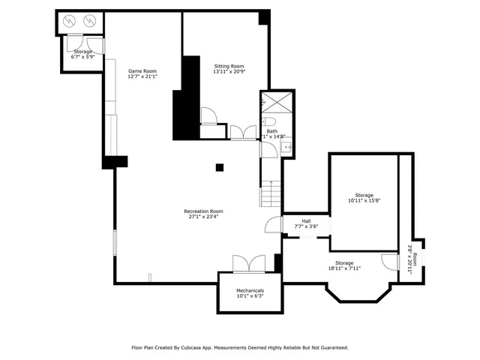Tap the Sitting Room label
click(229, 68)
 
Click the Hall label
click(306, 223)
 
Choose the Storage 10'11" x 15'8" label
click(364, 198)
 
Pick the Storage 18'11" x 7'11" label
click(344, 265)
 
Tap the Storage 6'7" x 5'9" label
click(82, 54)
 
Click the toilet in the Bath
click(270, 121)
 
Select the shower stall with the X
click(270, 102)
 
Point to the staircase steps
click(270, 193)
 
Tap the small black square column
click(220, 167)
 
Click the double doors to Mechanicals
click(248, 264)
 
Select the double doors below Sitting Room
click(242, 133)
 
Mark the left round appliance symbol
click(73, 22)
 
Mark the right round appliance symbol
click(91, 22)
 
